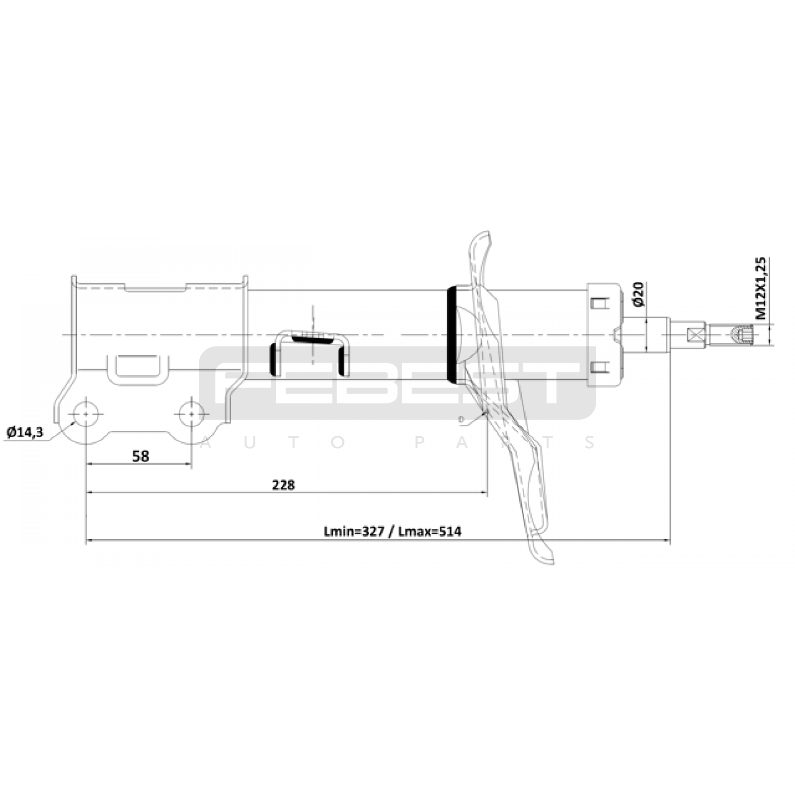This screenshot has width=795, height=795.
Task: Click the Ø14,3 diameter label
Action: [25, 432]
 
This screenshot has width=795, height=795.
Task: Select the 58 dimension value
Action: [141, 456]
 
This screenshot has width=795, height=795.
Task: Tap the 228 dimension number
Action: [283, 484]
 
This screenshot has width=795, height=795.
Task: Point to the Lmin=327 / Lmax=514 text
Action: [393, 532]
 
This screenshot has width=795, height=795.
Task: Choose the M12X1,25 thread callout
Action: [761, 288]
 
